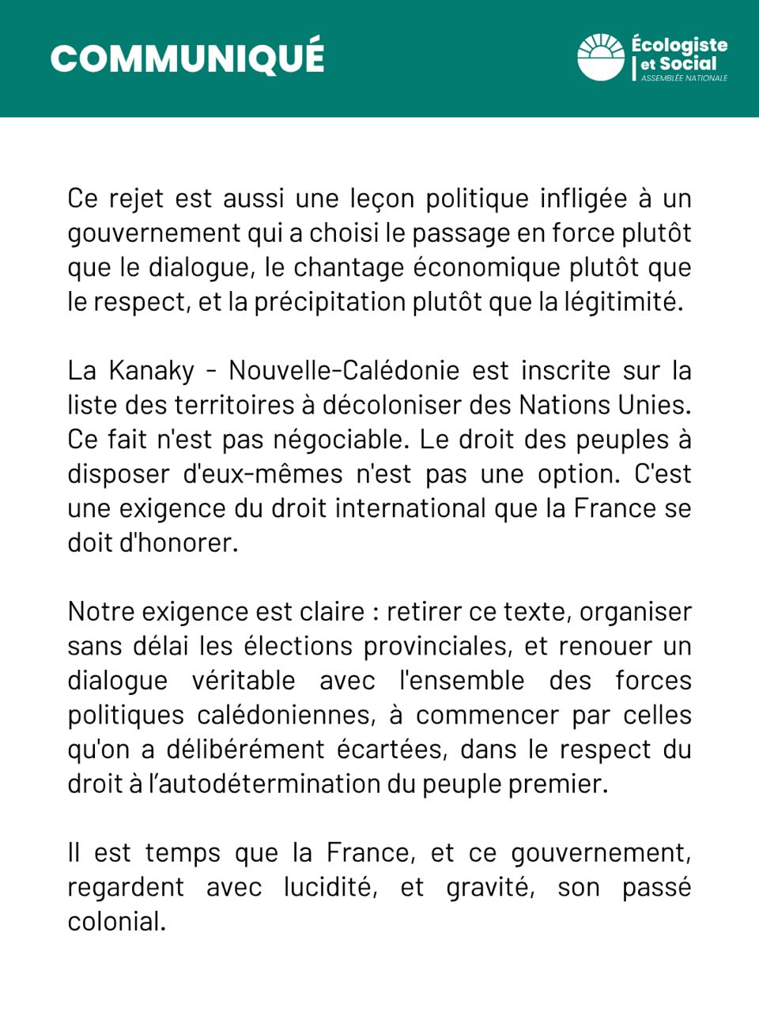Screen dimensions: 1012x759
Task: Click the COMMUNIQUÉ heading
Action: [x=187, y=58]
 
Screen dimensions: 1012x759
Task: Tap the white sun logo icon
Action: [x=601, y=57]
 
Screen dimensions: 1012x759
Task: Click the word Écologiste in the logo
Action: [x=679, y=44]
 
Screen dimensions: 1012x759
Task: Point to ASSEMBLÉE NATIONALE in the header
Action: [x=684, y=78]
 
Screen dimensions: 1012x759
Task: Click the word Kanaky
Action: [x=151, y=371]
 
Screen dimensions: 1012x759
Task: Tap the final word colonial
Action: [x=116, y=922]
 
